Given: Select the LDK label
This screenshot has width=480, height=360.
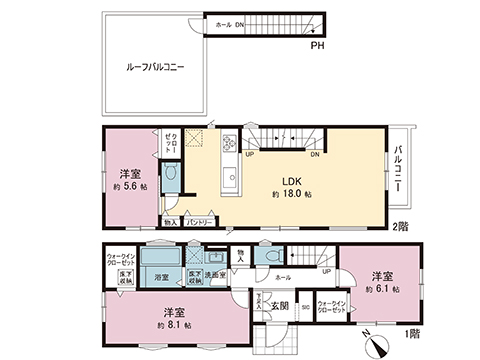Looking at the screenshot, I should [x=292, y=179].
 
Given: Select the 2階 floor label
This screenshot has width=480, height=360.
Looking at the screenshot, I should [x=400, y=227].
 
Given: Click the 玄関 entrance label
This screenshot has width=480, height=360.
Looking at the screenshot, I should [x=283, y=305].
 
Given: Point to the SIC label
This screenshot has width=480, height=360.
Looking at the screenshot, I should [x=305, y=306].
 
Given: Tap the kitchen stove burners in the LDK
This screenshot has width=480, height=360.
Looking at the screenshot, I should [x=228, y=141].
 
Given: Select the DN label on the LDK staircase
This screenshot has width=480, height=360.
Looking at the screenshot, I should [x=315, y=154].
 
